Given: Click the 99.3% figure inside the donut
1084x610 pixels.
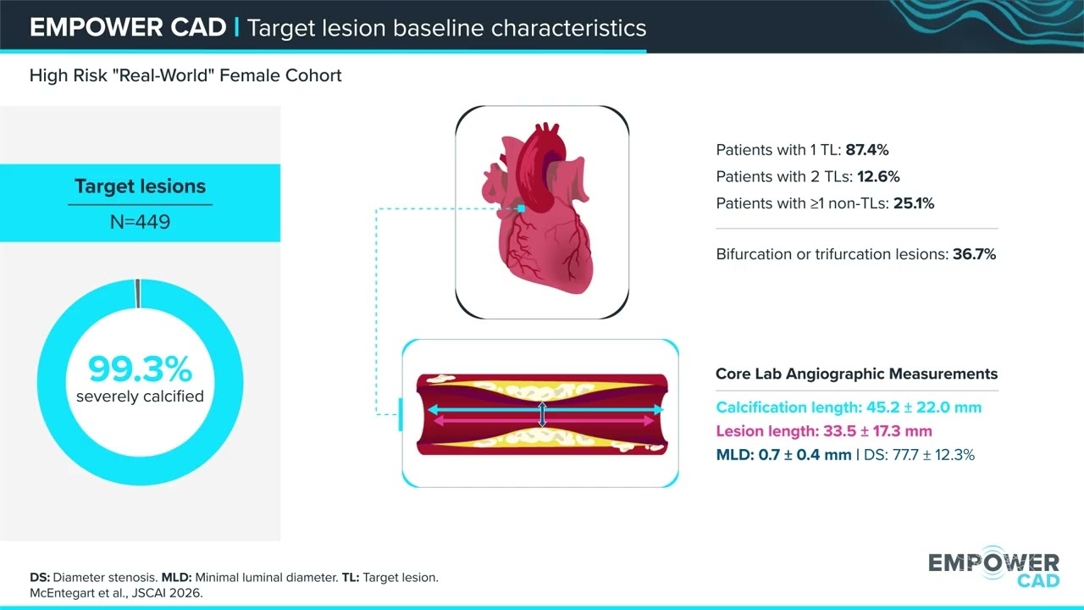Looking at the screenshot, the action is [140, 369].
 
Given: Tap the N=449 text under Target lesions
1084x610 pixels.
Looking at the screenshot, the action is [141, 222].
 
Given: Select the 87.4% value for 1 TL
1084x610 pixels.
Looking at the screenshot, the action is [866, 150].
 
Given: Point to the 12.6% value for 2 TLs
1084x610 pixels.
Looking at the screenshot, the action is [878, 177].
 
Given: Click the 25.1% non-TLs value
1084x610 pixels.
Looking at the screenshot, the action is [914, 203].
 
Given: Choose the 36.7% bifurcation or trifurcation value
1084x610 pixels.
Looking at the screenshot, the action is [974, 254].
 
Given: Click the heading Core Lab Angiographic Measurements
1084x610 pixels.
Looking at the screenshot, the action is [856, 374].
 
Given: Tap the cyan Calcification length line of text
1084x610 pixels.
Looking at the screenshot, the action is [849, 408].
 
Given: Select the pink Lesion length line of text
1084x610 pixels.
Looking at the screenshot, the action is [824, 431].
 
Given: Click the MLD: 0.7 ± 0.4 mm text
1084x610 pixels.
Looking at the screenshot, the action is [783, 455].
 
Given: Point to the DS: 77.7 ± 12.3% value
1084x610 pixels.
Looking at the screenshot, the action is [919, 455].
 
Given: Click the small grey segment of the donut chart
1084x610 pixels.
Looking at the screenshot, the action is [138, 293].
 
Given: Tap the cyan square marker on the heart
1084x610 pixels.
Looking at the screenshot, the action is [521, 208].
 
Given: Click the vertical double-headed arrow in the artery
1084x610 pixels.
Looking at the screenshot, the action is [543, 414].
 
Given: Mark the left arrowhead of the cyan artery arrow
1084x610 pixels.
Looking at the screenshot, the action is [433, 409].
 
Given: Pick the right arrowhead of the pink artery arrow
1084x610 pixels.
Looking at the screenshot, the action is [649, 421].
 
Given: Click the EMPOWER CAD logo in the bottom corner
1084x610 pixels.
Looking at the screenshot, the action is [994, 567].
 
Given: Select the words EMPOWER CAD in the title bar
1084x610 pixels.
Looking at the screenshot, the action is [128, 27].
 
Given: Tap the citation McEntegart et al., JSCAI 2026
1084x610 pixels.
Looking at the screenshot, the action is [116, 593].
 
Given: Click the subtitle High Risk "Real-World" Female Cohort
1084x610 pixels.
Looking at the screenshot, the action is [185, 75].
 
